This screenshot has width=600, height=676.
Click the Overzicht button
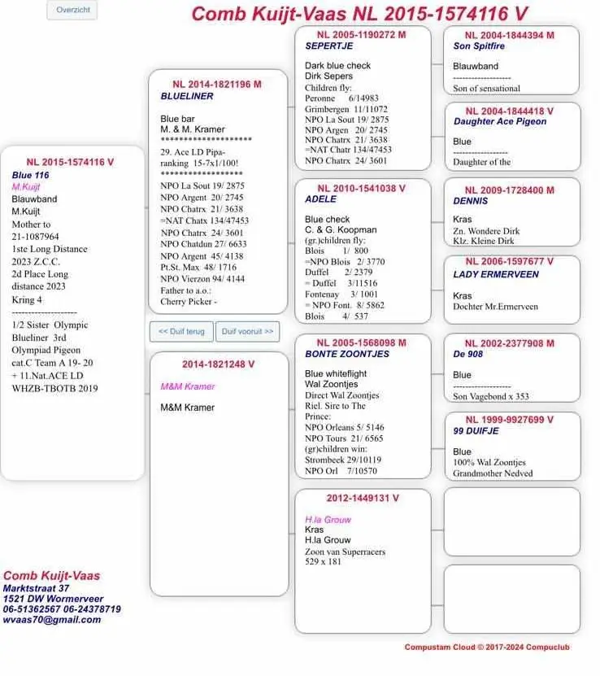tap(73, 10)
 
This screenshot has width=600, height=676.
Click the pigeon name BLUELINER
tap(187, 96)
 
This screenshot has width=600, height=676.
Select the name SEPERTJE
tap(328, 46)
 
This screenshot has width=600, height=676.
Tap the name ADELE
tap(320, 199)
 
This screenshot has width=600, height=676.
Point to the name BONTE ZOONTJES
tap(346, 354)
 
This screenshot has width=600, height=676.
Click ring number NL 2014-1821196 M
tap(217, 84)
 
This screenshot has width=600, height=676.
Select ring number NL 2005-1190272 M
tap(361, 35)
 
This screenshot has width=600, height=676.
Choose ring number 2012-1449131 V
tap(363, 498)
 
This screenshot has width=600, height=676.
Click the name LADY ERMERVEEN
tap(496, 274)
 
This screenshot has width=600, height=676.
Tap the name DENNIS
tap(471, 201)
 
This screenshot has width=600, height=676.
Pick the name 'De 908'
tap(467, 354)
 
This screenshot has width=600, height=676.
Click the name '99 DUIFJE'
tap(475, 431)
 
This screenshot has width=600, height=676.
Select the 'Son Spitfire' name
tap(479, 46)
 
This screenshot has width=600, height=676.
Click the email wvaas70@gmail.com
tap(52, 619)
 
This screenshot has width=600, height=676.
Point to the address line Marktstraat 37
tap(36, 588)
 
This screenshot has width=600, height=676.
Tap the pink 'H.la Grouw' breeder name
tap(327, 519)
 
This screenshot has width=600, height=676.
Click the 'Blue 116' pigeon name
tap(30, 175)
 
